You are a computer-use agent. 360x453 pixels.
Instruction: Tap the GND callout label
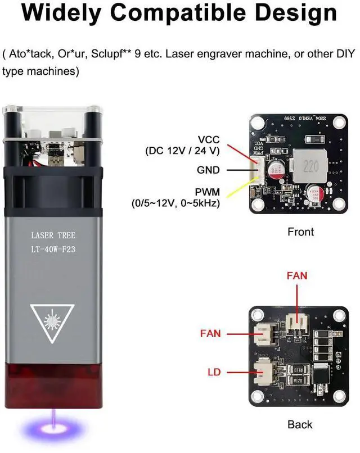[209, 170]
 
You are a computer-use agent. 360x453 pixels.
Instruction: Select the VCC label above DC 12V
[208, 139]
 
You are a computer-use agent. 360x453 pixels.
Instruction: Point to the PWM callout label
[208, 192]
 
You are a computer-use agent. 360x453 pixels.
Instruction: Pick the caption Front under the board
[300, 232]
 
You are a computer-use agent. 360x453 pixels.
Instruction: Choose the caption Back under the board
[299, 424]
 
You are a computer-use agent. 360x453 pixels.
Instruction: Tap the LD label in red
[214, 372]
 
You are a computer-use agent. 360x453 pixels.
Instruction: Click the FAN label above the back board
[297, 277]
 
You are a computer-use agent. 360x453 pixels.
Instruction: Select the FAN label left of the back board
[210, 334]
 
